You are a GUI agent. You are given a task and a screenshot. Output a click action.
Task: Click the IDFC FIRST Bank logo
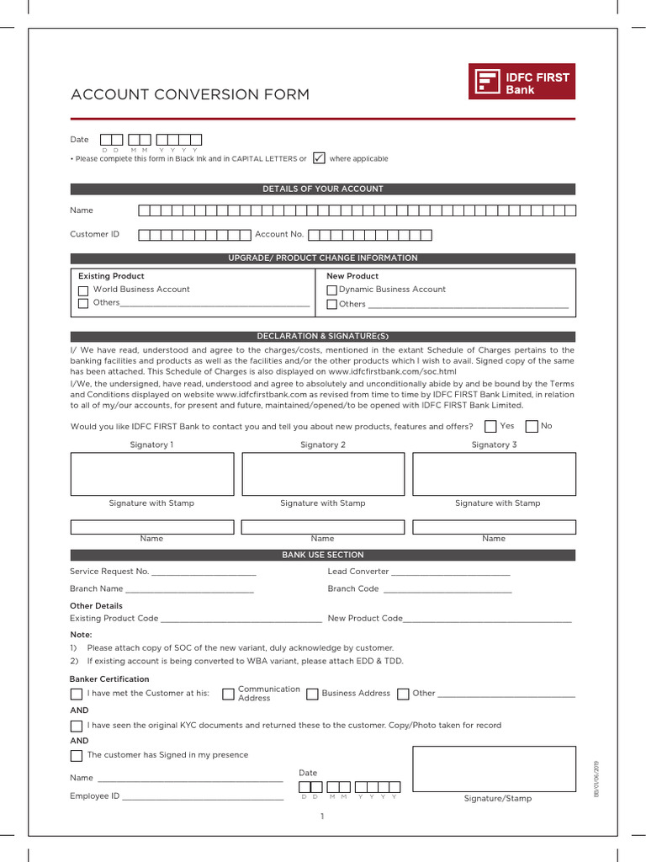pyautogui.click(x=522, y=82)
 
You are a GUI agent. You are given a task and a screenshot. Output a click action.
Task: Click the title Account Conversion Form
pyautogui.click(x=190, y=94)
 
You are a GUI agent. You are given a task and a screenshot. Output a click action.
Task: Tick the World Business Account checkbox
pyautogui.click(x=83, y=290)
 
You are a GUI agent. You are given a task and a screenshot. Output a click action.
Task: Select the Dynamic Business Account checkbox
pyautogui.click(x=331, y=290)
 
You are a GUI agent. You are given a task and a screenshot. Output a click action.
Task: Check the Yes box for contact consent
pyautogui.click(x=490, y=427)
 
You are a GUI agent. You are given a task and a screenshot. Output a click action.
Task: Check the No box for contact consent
pyautogui.click(x=531, y=427)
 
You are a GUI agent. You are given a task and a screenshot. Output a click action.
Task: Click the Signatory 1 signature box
pyautogui.click(x=152, y=474)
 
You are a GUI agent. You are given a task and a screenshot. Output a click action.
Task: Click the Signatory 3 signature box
pyautogui.click(x=494, y=474)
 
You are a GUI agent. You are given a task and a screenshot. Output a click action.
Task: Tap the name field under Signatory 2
pyautogui.click(x=323, y=527)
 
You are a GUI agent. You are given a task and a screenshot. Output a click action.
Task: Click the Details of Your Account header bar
pyautogui.click(x=323, y=189)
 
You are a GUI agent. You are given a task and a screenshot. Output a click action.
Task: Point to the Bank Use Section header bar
pyautogui.click(x=323, y=556)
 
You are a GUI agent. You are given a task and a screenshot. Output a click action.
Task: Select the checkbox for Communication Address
pyautogui.click(x=228, y=694)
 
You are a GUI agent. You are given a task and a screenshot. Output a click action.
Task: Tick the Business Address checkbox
pyautogui.click(x=312, y=694)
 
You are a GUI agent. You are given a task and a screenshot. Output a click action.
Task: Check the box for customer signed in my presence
pyautogui.click(x=77, y=756)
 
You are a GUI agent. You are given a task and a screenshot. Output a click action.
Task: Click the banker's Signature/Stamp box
pyautogui.click(x=493, y=769)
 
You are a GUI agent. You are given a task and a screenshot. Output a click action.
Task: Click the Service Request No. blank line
pyautogui.click(x=203, y=572)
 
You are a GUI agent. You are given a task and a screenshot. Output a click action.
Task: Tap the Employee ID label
pyautogui.click(x=94, y=796)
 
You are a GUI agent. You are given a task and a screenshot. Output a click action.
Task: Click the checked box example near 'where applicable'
pyautogui.click(x=319, y=158)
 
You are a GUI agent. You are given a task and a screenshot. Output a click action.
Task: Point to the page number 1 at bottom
pyautogui.click(x=322, y=817)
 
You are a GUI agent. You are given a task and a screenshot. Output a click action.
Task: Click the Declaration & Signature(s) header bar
pyautogui.click(x=323, y=337)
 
